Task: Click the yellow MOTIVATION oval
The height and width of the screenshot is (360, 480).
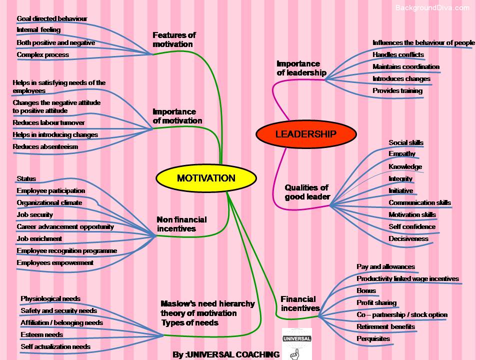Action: pyautogui.click(x=205, y=178)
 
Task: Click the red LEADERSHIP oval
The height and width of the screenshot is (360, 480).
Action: pyautogui.click(x=306, y=134)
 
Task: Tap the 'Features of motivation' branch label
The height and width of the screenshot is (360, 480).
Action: pyautogui.click(x=173, y=39)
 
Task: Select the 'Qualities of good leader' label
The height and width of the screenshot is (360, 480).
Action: pyautogui.click(x=307, y=192)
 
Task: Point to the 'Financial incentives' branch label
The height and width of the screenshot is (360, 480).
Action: pyautogui.click(x=299, y=303)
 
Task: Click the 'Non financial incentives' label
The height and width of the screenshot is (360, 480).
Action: pyautogui.click(x=181, y=224)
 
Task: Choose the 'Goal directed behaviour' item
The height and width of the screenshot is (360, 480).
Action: pyautogui.click(x=51, y=18)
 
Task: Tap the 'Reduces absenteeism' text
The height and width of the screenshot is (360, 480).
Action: pyautogui.click(x=45, y=146)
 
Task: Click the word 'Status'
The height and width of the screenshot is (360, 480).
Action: pyautogui.click(x=26, y=178)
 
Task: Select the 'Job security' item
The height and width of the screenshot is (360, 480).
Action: pyautogui.click(x=34, y=214)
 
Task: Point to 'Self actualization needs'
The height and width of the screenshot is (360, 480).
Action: pyautogui.click(x=55, y=346)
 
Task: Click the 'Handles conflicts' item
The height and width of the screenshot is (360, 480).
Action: pyautogui.click(x=398, y=54)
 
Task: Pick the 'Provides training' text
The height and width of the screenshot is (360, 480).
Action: pyautogui.click(x=397, y=90)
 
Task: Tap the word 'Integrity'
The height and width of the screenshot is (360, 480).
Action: pyautogui.click(x=400, y=178)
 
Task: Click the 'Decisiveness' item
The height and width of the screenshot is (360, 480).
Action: pyautogui.click(x=408, y=238)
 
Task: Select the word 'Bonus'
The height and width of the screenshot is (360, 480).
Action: pyautogui.click(x=366, y=290)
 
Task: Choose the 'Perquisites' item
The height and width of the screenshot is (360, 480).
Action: pyautogui.click(x=373, y=338)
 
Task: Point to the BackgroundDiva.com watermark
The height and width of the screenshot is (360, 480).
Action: pyautogui.click(x=432, y=7)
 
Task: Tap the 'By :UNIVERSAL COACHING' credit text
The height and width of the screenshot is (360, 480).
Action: pyautogui.click(x=226, y=354)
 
